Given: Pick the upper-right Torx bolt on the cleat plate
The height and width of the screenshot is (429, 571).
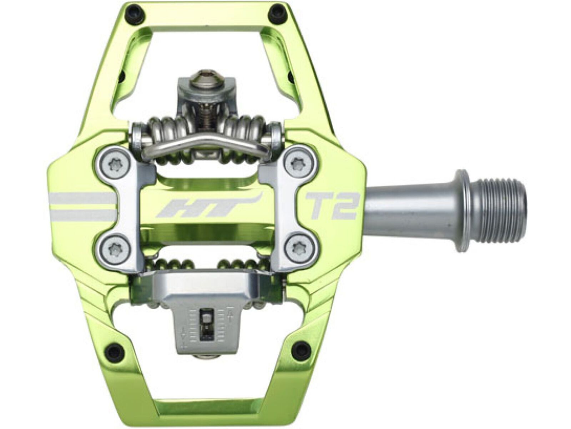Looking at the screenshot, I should [x=297, y=164].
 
